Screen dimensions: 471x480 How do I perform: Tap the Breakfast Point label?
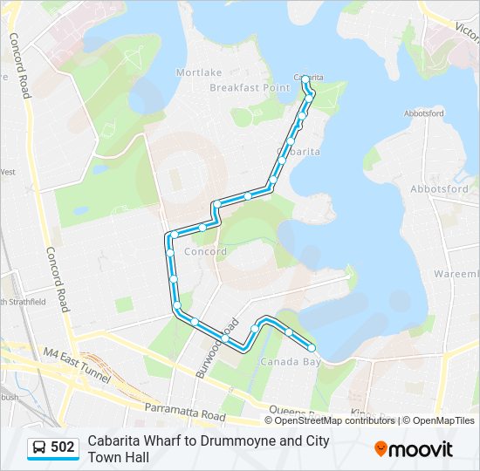250,88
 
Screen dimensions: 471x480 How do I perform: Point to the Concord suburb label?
206,252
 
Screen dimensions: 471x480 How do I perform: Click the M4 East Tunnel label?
77,365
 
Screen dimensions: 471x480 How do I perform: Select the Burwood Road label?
216,346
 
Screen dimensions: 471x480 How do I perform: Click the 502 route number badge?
63,448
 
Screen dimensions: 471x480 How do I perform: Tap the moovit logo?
414,449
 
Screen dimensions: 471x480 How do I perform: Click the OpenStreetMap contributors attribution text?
335,420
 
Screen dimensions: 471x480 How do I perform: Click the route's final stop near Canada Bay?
312,349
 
